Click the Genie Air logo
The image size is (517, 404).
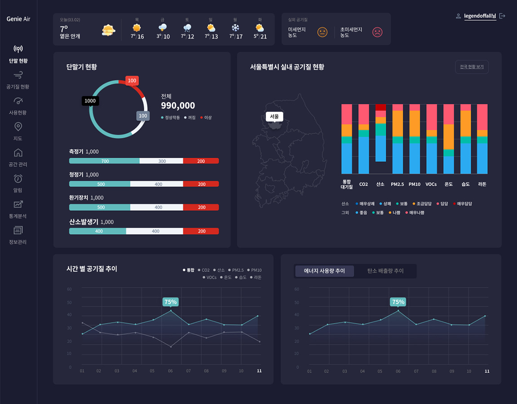[x=18, y=19]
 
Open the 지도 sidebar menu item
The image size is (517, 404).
[x=18, y=131]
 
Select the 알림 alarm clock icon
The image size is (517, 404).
[x=18, y=178]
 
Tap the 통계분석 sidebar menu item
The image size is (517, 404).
[x=18, y=209]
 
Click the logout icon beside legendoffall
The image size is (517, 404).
[x=502, y=16]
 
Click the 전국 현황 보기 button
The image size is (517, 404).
[x=472, y=67]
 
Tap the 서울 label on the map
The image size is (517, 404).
[x=274, y=117]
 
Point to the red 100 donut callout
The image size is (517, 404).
[x=132, y=81]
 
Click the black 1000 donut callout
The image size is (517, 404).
[x=90, y=101]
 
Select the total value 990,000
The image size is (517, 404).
[x=178, y=106]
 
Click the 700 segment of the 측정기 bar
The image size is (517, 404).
[x=104, y=161]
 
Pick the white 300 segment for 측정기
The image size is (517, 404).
[x=161, y=161]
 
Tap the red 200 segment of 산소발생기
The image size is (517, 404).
[x=201, y=231]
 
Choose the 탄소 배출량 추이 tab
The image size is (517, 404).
[x=385, y=271]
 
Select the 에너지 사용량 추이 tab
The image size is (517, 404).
[x=325, y=271]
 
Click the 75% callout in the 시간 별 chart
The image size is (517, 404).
[x=170, y=302]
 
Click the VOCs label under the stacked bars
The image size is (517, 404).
[x=431, y=184]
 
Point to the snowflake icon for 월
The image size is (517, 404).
[x=235, y=28]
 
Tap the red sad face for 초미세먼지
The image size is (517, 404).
[x=377, y=32]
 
